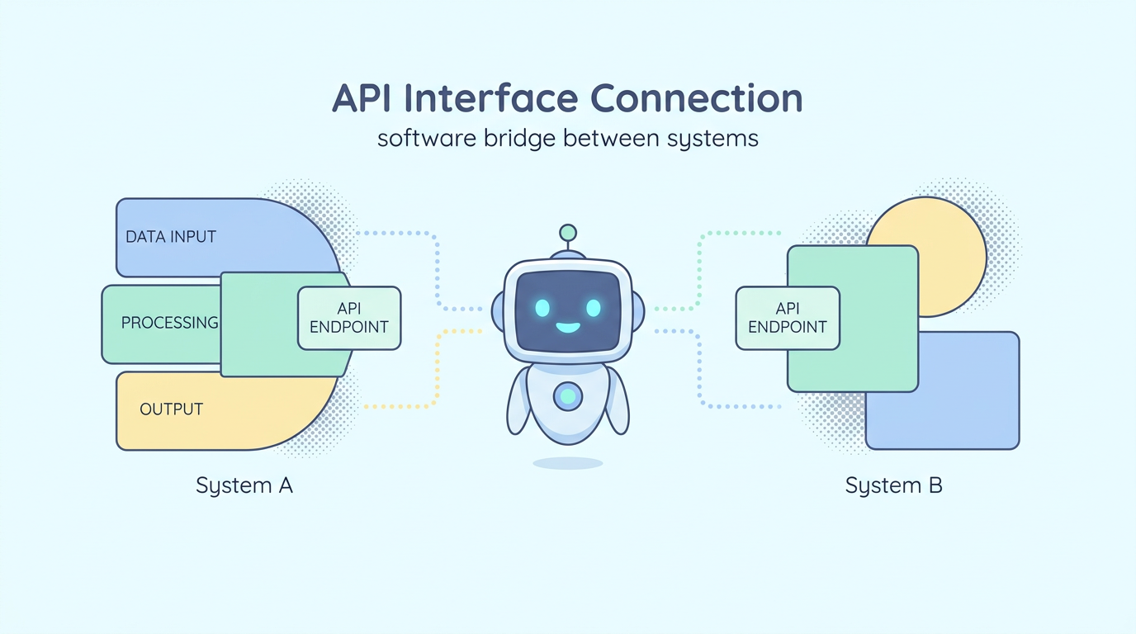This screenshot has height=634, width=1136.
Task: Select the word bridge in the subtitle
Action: [518, 138]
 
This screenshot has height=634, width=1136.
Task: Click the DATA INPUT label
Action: [171, 237]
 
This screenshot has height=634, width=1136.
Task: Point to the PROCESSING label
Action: [169, 323]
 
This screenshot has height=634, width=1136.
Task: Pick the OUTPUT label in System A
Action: [171, 409]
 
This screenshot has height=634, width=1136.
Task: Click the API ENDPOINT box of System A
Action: [348, 318]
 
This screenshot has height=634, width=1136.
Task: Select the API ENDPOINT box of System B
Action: [787, 318]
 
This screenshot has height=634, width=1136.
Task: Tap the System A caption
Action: [244, 485]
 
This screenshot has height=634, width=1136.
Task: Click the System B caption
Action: [893, 485]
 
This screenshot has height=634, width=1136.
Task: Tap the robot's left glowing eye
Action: [542, 308]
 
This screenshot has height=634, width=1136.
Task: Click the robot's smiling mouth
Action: [568, 328]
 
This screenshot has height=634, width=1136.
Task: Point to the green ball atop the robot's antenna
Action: [567, 232]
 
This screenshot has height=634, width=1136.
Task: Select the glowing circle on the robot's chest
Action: [567, 397]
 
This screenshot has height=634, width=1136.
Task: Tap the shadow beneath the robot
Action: [567, 463]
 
